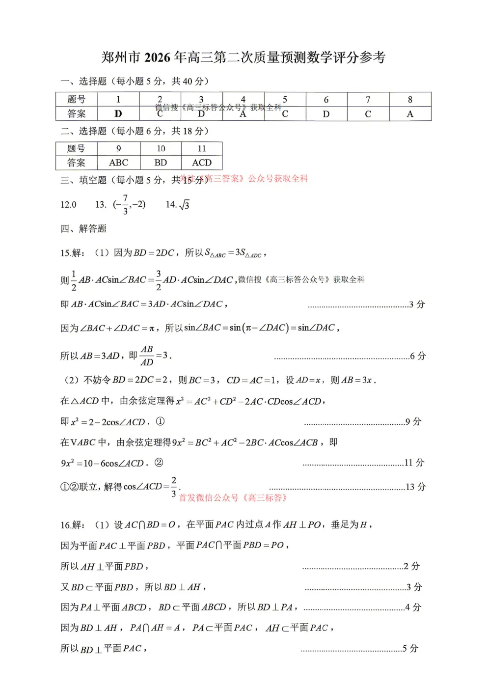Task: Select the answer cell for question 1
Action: click(118, 114)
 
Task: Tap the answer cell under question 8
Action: click(410, 114)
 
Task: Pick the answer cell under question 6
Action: click(326, 114)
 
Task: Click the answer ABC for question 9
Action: click(118, 163)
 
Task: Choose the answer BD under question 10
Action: click(161, 163)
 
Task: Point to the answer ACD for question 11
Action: click(202, 163)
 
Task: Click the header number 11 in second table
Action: click(202, 149)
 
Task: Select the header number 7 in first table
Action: click(368, 100)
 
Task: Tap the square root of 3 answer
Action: click(184, 205)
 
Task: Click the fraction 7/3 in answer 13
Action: click(125, 204)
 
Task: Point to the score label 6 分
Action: click(418, 356)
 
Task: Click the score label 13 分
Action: click(415, 487)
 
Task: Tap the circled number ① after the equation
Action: click(160, 421)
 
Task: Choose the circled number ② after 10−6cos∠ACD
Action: click(159, 463)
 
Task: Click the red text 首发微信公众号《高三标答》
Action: click(233, 498)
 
